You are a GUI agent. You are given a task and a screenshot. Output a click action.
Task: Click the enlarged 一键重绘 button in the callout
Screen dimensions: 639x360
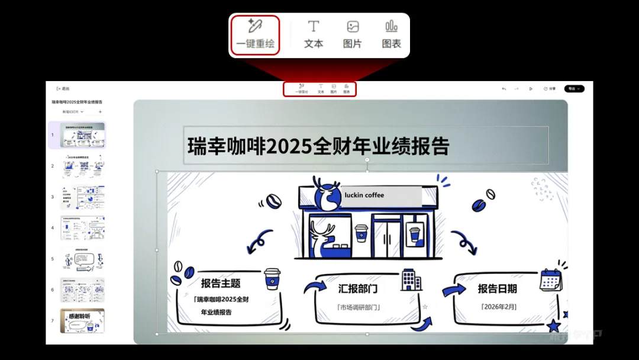(x=255, y=34)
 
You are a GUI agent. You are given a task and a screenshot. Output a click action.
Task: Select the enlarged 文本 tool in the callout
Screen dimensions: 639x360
(x=314, y=34)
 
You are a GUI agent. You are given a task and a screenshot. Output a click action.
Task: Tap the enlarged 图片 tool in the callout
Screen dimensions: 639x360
(x=353, y=34)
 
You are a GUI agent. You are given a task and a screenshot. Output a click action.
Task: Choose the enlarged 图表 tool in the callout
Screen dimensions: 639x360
(x=391, y=34)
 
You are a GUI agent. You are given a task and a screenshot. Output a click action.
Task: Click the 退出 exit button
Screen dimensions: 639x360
(x=63, y=89)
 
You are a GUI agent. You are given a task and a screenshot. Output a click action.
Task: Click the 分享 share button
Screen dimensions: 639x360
(x=550, y=89)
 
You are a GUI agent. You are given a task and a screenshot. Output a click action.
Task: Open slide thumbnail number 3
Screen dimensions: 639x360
(x=83, y=197)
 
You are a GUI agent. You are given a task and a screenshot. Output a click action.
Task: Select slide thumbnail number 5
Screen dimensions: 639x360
(x=83, y=259)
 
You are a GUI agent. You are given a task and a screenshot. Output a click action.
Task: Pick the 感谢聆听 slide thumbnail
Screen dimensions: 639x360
(x=83, y=320)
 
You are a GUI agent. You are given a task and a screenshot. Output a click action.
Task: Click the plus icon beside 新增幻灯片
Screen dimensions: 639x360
(x=100, y=111)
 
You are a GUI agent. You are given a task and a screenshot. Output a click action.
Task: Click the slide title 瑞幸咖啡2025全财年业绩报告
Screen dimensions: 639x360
(x=318, y=146)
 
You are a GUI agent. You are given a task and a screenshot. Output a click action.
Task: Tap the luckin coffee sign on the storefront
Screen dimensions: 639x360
(x=380, y=195)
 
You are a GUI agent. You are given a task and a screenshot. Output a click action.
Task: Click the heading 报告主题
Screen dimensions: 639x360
(x=221, y=284)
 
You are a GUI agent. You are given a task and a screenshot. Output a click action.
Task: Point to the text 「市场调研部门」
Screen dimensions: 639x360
(x=359, y=307)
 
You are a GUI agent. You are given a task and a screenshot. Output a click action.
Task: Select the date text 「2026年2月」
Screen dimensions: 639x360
(x=499, y=307)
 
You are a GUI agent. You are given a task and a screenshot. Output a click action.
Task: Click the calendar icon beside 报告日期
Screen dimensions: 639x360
(x=551, y=280)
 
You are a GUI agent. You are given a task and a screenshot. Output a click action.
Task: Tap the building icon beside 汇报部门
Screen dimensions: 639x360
(x=411, y=279)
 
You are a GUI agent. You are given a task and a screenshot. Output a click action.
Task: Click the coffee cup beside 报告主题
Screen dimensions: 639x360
(x=272, y=279)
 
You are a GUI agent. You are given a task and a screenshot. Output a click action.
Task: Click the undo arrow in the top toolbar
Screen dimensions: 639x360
(x=504, y=89)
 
